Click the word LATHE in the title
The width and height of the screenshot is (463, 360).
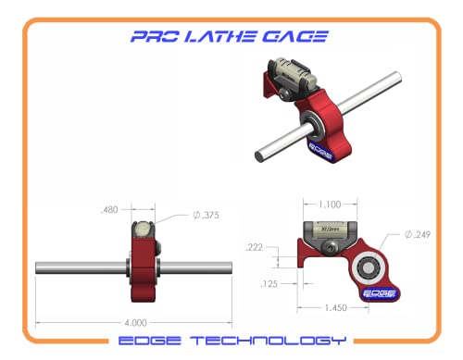[x=231, y=37]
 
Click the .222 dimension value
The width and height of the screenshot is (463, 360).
[x=255, y=247]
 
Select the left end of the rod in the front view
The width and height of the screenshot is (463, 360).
[x=40, y=267]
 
